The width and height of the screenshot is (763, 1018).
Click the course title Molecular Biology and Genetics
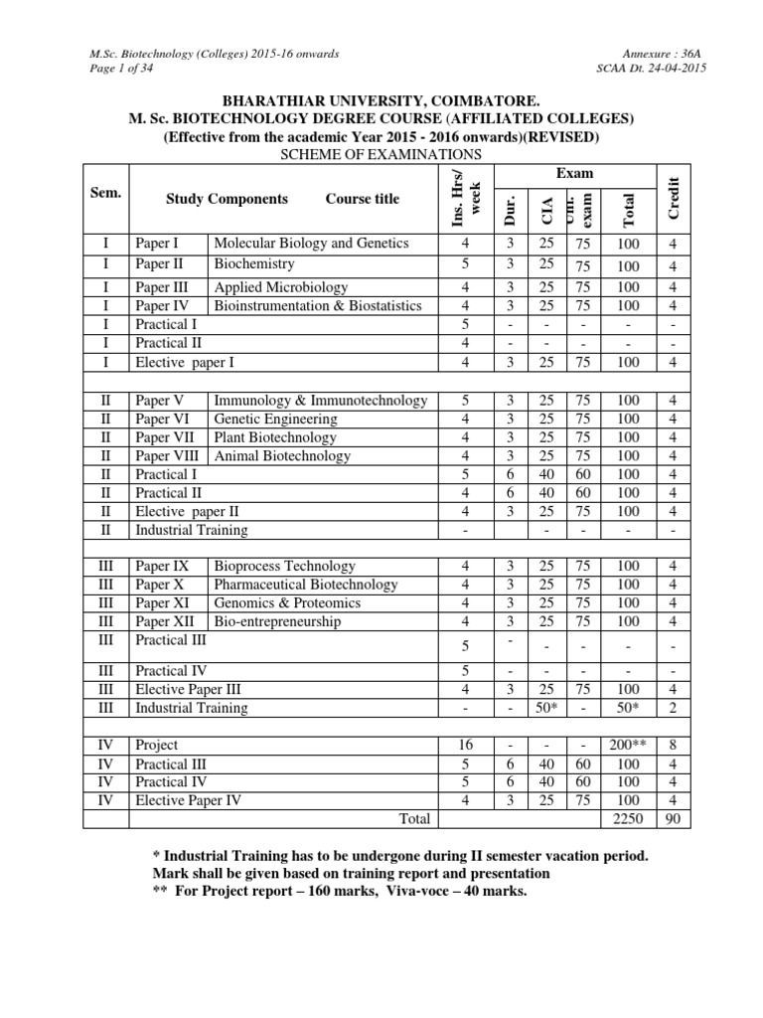[311, 243]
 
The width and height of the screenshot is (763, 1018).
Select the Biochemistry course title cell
[254, 264]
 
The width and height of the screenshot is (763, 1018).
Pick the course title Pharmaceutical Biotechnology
[305, 585]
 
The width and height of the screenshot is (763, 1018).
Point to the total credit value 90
[673, 818]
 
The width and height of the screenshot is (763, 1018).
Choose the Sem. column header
[105, 193]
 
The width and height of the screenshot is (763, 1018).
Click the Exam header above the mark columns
[574, 173]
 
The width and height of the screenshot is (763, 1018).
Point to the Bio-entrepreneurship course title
[277, 621]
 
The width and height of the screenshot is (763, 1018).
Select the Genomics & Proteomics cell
[287, 602]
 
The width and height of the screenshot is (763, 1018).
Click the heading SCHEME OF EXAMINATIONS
[381, 154]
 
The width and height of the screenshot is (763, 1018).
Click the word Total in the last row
[413, 818]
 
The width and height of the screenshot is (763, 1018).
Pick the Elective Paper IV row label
[189, 799]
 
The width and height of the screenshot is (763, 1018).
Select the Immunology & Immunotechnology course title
[320, 401]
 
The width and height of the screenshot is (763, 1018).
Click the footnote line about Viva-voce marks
[335, 891]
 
